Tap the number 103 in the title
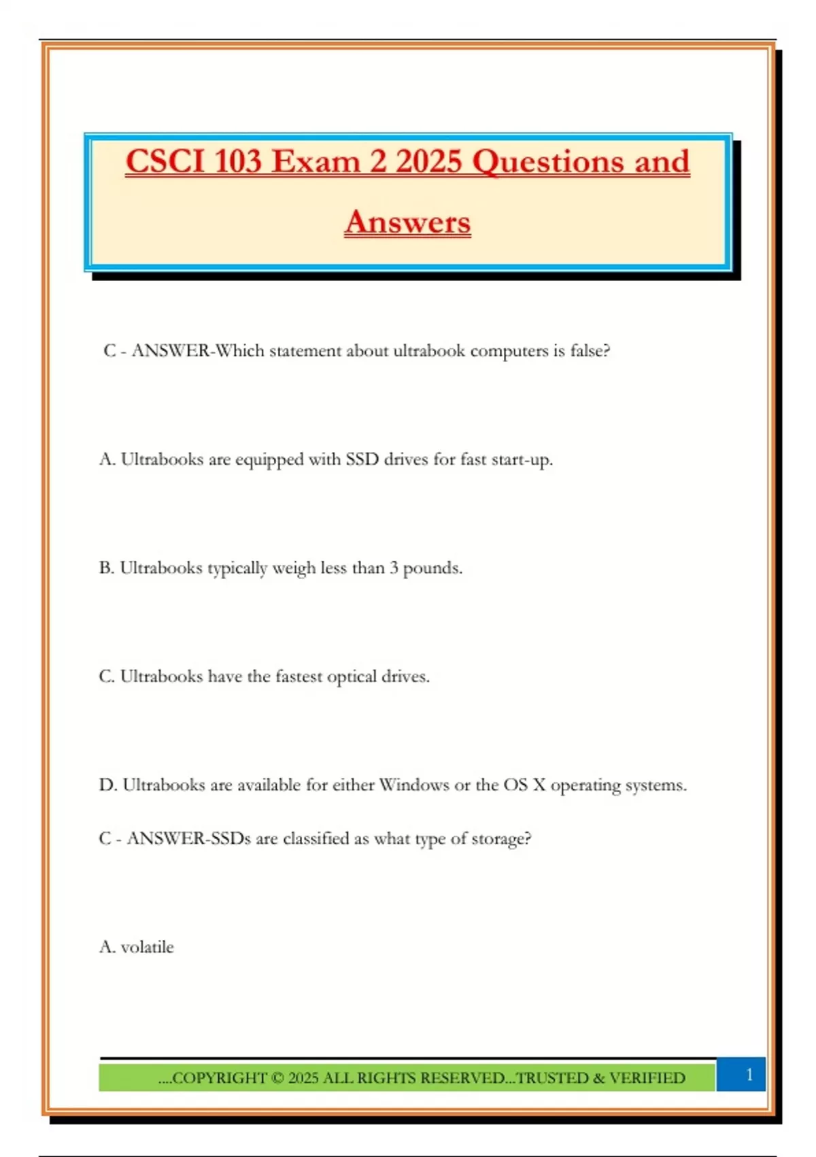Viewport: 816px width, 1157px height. (237, 162)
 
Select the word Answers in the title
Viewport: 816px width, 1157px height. (407, 223)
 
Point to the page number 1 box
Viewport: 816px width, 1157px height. (749, 1075)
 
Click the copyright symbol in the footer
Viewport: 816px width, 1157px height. (277, 1078)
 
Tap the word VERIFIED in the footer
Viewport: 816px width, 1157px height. (647, 1078)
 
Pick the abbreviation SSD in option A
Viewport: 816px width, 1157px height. (362, 459)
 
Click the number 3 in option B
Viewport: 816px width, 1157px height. (394, 568)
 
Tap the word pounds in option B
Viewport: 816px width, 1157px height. (432, 569)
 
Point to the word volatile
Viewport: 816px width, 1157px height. (147, 947)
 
